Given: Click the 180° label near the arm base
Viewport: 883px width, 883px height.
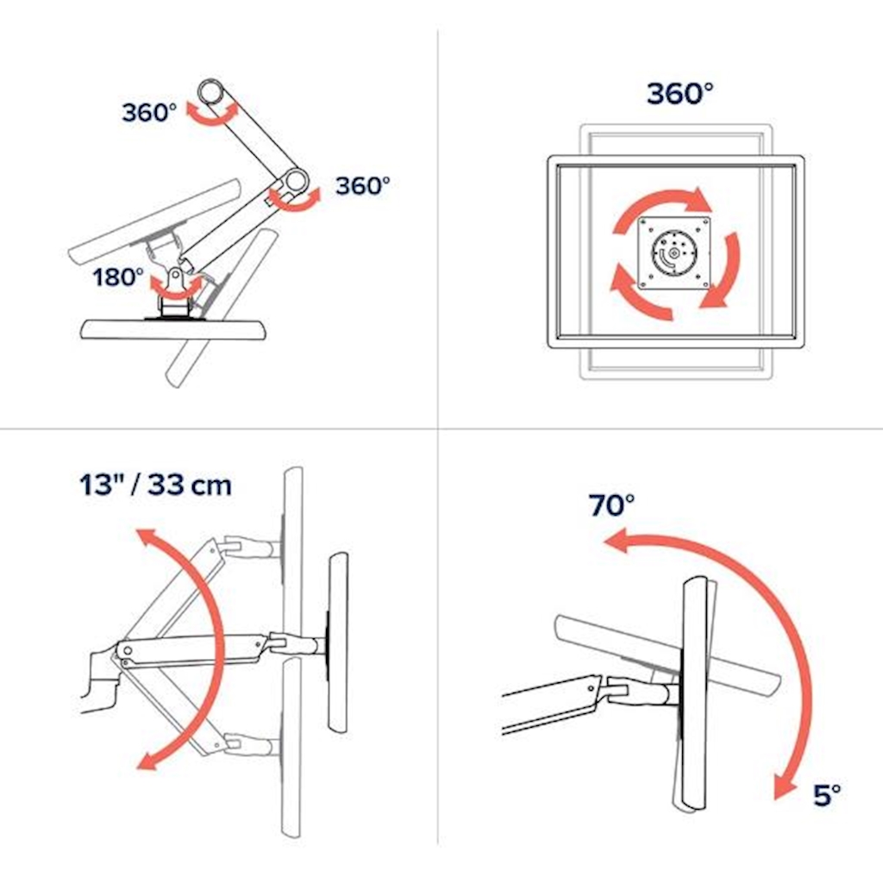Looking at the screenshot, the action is (118, 277).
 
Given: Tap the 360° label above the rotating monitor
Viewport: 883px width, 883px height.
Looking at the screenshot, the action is (679, 93).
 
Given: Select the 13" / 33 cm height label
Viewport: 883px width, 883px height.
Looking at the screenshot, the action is (155, 485).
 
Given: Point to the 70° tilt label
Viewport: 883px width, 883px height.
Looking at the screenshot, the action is (611, 505).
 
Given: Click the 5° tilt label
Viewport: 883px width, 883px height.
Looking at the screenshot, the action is (827, 795).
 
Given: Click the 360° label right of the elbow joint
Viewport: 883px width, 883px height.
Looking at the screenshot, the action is (363, 186).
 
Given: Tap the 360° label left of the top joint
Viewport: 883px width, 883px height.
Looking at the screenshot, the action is (149, 113).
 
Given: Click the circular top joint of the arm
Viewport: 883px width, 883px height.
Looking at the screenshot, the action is (211, 92).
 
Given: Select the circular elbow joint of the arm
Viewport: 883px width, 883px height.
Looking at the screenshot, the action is (297, 180).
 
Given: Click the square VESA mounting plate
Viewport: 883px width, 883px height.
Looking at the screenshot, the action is (674, 254).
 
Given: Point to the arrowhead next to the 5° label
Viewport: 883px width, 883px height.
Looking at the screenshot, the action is (784, 785).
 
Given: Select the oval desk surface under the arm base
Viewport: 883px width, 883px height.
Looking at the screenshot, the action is (174, 329).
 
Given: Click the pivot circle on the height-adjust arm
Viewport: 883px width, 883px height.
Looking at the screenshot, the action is (128, 651).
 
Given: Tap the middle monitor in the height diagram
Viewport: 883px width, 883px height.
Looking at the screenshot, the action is (337, 642).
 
